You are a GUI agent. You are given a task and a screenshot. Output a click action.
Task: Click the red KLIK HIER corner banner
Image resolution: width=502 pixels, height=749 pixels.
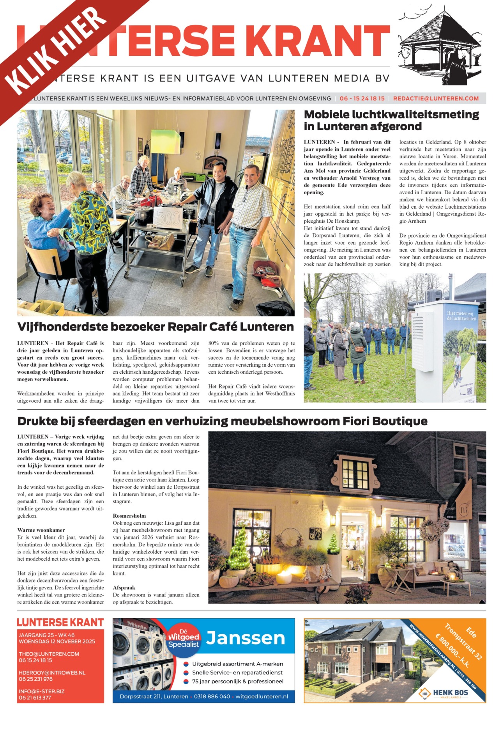point(58,51)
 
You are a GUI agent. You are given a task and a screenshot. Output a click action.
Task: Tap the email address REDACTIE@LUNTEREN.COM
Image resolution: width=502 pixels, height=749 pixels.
point(436,99)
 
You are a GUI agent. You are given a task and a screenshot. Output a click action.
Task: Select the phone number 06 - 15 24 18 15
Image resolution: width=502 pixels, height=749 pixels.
point(362,99)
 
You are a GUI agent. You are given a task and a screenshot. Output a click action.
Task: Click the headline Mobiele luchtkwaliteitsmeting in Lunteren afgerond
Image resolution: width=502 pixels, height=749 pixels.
point(391,121)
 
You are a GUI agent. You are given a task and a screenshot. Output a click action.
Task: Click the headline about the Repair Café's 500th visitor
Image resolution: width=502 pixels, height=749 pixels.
point(156,327)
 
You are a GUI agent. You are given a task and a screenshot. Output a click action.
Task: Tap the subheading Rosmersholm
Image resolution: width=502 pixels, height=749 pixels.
point(129,516)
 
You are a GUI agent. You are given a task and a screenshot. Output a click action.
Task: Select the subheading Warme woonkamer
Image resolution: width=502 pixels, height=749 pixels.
point(41,530)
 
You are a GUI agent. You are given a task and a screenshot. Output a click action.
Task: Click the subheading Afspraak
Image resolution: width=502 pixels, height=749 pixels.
point(124,587)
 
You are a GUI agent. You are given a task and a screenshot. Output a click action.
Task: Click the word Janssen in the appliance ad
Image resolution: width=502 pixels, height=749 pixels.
point(246,638)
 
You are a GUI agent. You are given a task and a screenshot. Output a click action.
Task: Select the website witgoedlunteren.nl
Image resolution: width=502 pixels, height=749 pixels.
point(262,696)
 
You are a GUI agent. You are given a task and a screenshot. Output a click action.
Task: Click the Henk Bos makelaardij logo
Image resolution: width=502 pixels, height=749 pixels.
point(444,693)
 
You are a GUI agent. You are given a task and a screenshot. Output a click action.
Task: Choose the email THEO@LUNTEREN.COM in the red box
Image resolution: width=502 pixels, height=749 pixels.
point(49,654)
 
